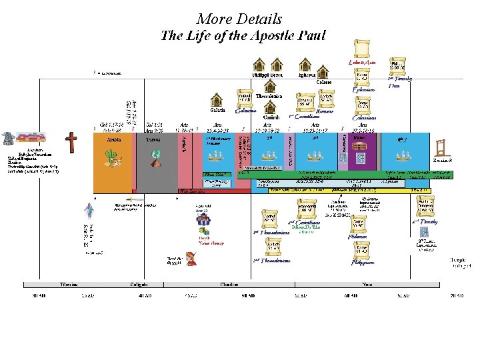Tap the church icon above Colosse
[323, 71]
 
